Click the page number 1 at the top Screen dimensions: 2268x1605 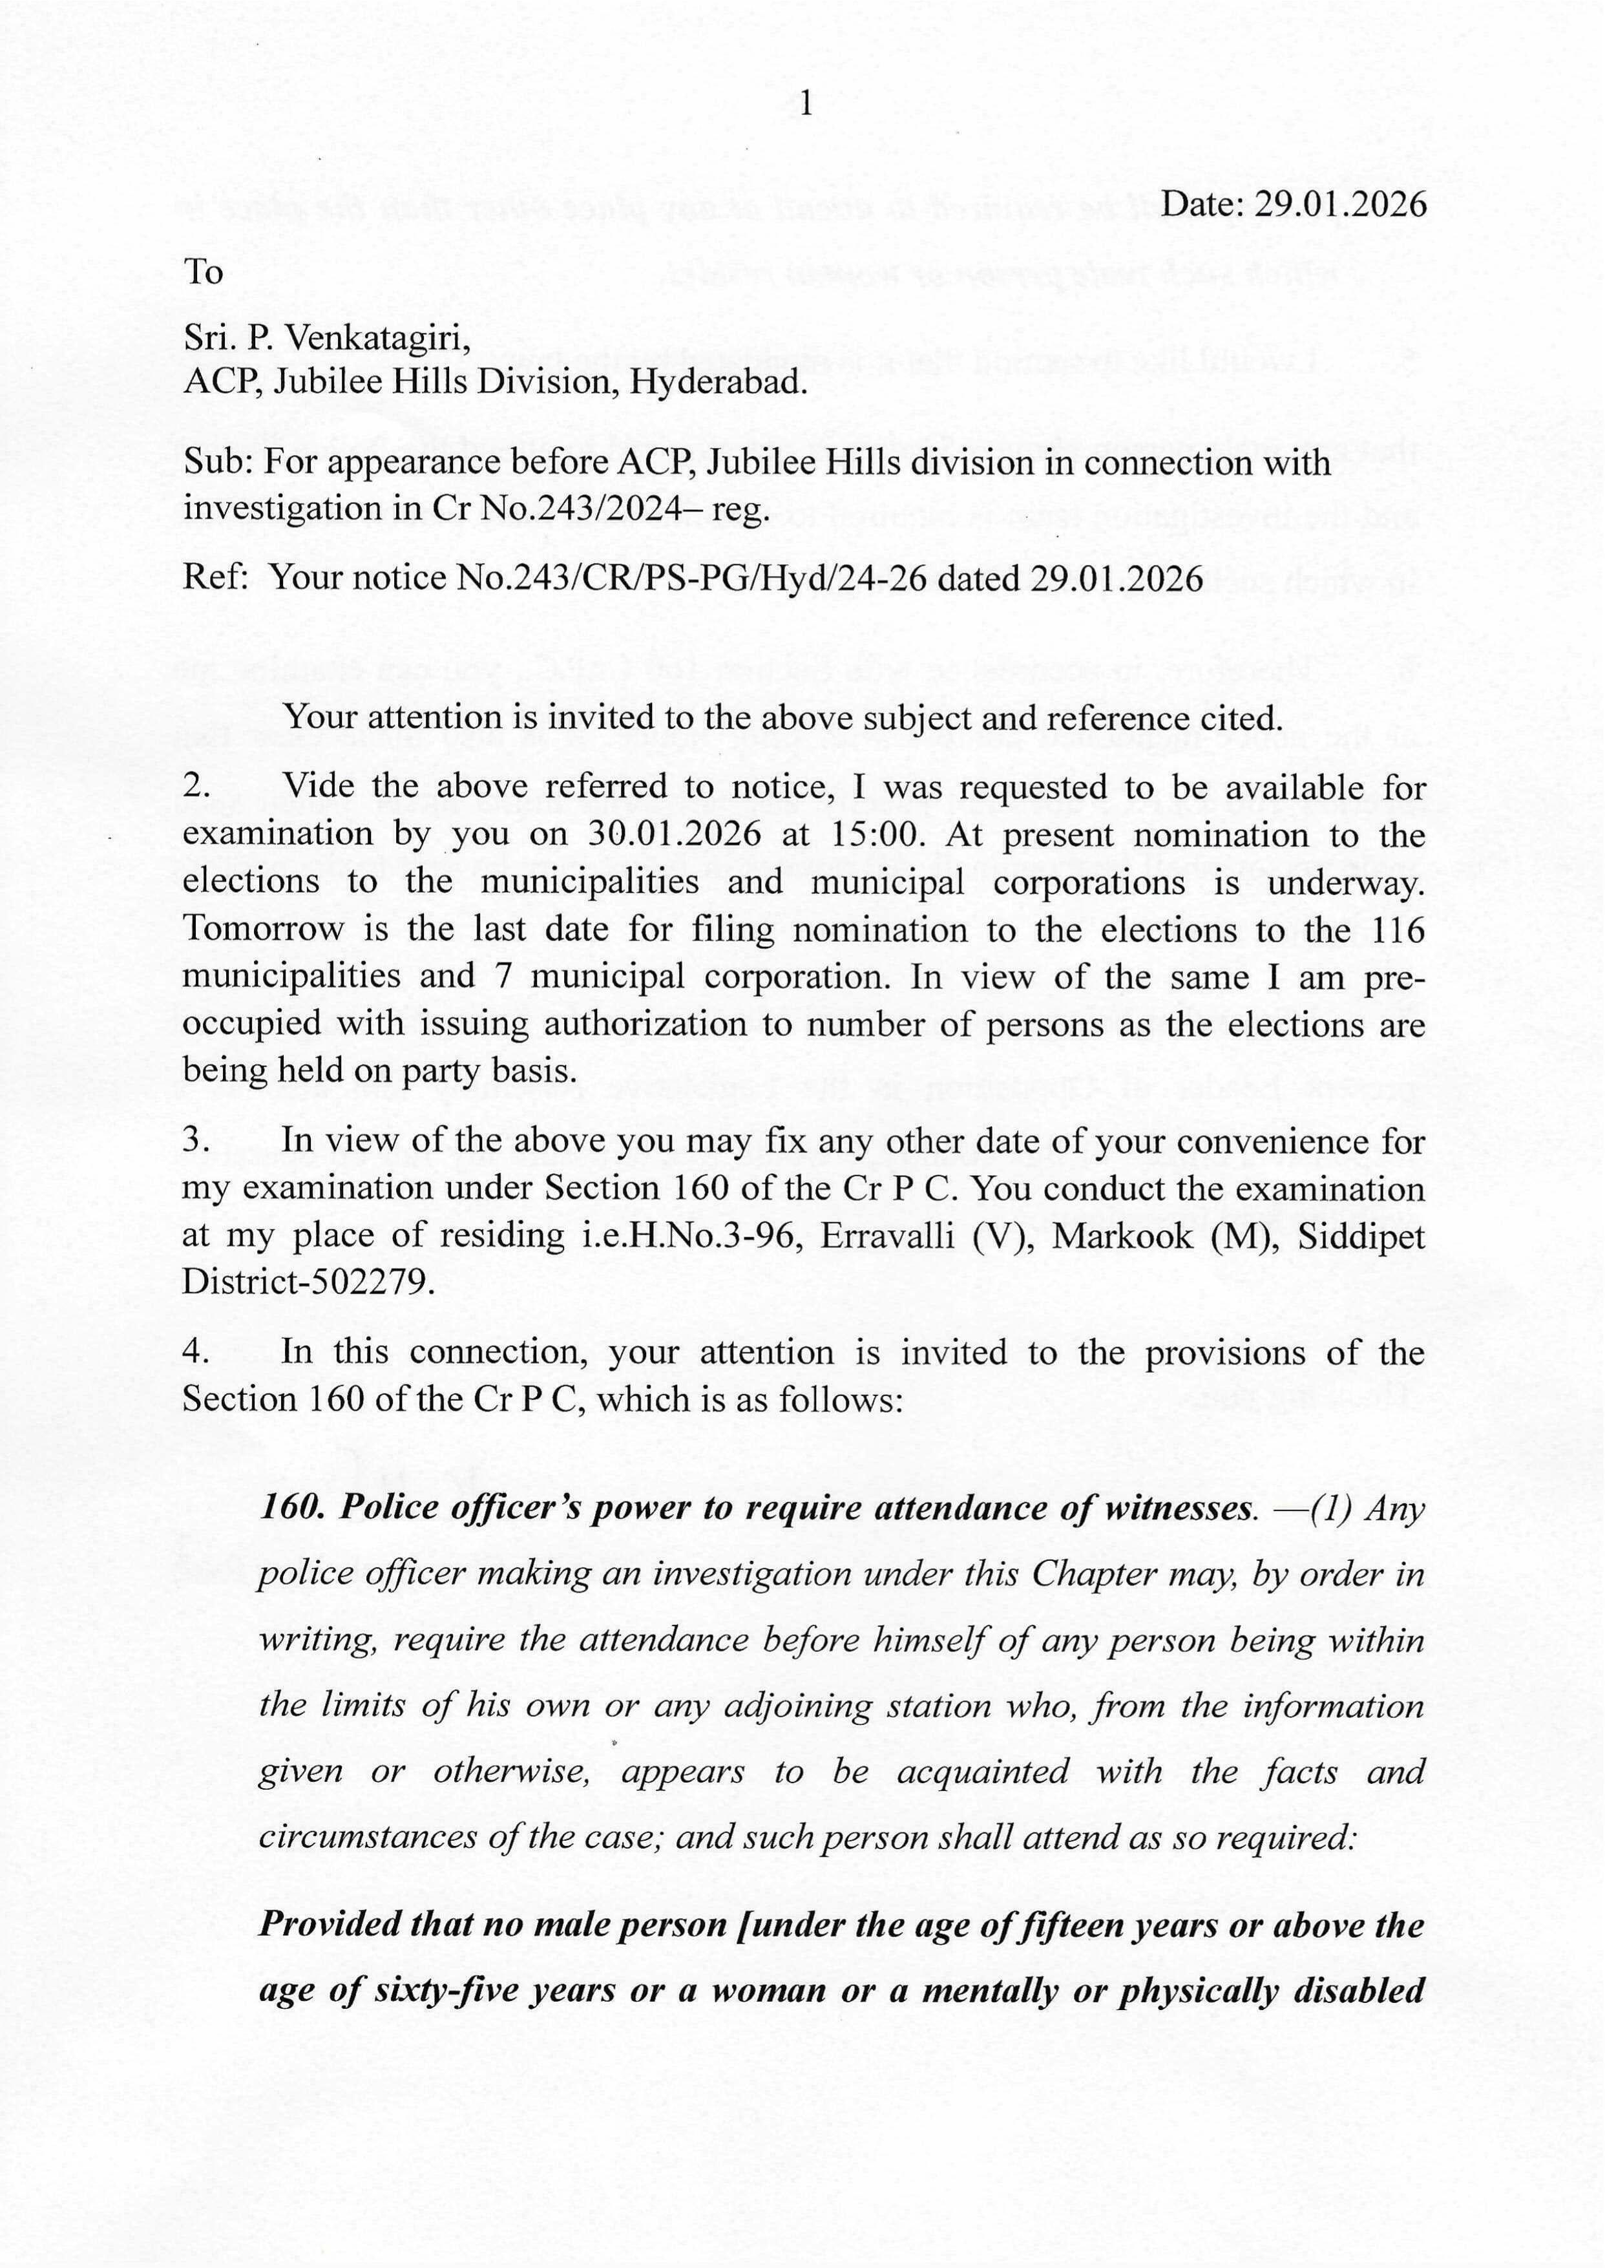806,103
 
